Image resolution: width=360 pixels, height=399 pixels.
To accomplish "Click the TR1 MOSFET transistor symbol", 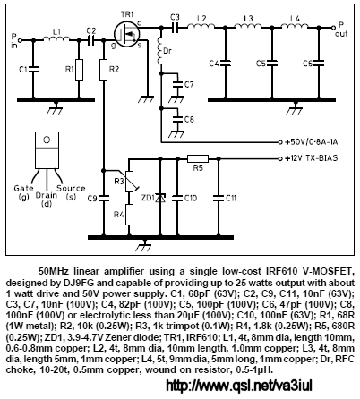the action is tap(126, 34).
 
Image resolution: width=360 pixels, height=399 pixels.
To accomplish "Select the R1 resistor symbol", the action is tap(79, 70).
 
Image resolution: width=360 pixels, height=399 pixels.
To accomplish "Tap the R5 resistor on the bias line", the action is tap(198, 158).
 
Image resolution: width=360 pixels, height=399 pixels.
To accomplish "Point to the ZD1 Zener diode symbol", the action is tap(160, 198).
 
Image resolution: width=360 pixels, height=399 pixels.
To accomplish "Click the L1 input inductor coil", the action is tap(56, 38).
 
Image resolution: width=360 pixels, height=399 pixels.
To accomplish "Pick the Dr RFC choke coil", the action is tap(160, 51).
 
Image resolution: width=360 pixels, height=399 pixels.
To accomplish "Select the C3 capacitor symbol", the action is tap(176, 28).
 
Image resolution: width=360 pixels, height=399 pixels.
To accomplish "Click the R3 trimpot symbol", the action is tap(130, 182).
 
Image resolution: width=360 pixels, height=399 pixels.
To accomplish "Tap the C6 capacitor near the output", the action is tap(319, 63).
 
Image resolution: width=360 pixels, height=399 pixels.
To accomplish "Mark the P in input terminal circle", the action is tap(20, 40).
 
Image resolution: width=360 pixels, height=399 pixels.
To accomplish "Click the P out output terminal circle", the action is tap(333, 28).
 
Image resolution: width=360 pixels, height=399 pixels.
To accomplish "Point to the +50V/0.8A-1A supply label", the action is tap(312, 142).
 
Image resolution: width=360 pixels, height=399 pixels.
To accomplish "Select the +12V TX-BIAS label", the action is tap(312, 158).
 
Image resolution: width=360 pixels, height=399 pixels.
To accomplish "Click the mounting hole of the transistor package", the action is tap(47, 140).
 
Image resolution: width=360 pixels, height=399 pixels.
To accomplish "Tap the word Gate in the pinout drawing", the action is tap(23, 189).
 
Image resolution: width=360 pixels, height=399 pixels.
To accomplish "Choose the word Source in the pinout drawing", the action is tap(71, 189).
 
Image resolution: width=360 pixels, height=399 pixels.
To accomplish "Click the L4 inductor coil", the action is tap(295, 27).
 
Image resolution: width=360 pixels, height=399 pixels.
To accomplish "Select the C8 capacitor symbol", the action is tap(178, 119).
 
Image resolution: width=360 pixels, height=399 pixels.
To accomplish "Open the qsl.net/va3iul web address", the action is tap(239, 386).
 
